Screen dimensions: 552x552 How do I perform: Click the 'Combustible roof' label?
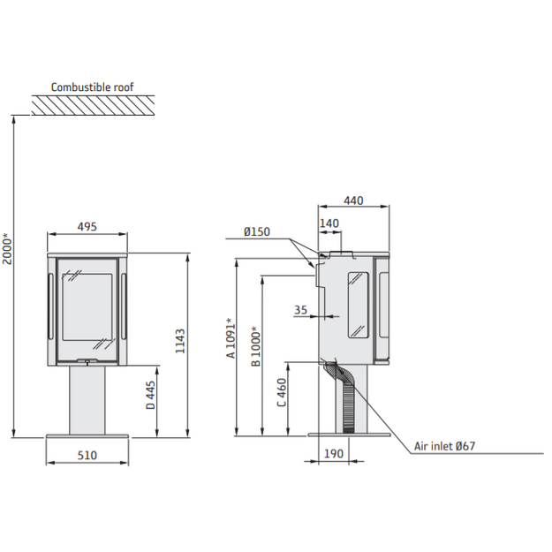(92, 87)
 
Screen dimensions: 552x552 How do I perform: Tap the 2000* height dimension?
(7, 248)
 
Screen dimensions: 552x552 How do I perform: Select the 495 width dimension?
(87, 226)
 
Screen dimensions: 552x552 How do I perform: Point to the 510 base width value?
(87, 455)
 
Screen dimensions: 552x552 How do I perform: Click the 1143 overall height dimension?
(180, 341)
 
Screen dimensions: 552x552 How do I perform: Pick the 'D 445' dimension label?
(151, 395)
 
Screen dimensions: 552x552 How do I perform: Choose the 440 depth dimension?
(353, 200)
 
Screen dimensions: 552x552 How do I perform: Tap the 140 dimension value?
(329, 223)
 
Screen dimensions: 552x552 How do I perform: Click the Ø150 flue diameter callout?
(257, 231)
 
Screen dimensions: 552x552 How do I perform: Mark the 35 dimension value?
(300, 310)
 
